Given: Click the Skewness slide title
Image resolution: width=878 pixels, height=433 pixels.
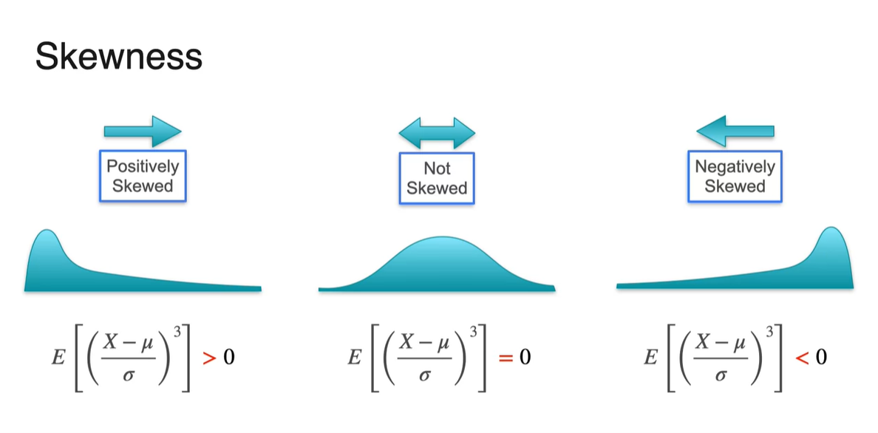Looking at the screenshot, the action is (x=118, y=56).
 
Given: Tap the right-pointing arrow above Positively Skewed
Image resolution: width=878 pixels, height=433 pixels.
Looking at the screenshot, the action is (x=143, y=131).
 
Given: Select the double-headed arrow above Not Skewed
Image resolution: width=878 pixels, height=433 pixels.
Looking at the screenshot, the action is (x=437, y=132).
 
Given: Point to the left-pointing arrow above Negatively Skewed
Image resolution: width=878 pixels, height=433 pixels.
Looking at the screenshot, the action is (x=735, y=132).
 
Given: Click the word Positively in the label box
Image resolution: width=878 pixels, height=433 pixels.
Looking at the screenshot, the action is (x=143, y=167).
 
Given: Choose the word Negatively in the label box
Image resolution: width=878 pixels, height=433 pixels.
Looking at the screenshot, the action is (x=735, y=167).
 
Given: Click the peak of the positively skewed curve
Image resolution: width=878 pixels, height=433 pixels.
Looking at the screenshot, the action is (x=47, y=233).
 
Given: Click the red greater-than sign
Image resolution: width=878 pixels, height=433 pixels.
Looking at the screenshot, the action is (x=210, y=358).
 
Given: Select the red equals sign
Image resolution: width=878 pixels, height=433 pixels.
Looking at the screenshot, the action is (x=506, y=358).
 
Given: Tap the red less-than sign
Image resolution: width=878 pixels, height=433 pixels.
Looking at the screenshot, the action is (x=802, y=358).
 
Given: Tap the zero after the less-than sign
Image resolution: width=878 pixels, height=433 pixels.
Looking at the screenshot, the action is (x=820, y=358).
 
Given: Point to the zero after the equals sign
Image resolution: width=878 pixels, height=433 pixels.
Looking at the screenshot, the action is (x=525, y=358).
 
